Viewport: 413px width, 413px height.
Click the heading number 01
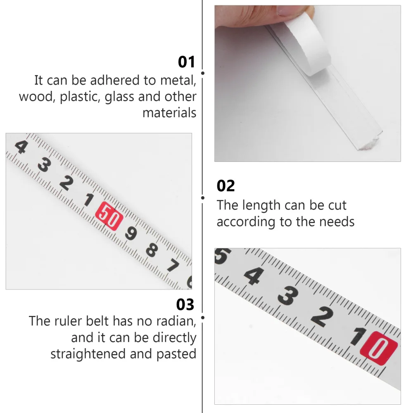186,62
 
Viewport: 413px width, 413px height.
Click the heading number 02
225,186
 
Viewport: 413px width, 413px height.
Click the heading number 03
185,305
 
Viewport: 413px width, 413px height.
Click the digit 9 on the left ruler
131,234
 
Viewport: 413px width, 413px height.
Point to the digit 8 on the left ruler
152,249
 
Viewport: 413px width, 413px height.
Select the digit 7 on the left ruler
173,266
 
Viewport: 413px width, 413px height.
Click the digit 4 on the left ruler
21,147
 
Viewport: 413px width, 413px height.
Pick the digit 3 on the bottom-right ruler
288,296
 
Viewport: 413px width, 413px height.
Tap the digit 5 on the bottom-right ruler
220,257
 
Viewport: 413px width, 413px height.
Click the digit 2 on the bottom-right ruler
322,317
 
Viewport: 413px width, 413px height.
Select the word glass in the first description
119,97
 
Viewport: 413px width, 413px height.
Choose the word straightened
88,354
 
